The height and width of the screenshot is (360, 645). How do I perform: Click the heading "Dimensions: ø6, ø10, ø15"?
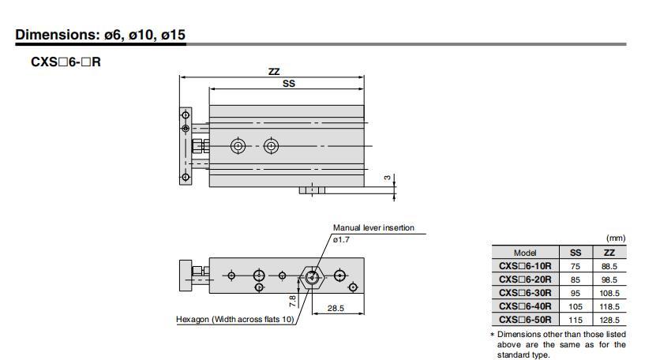click(100, 35)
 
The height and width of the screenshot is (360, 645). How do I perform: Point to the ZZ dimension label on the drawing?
click(274, 71)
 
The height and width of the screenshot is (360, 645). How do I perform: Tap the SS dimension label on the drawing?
click(288, 84)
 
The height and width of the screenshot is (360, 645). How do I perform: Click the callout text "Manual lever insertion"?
click(373, 228)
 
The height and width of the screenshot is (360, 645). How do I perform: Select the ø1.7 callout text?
click(341, 239)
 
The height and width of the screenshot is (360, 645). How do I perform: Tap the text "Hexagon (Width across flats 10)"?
click(234, 320)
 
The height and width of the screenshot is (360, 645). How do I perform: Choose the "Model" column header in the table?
click(525, 253)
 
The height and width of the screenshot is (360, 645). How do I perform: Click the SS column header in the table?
click(576, 253)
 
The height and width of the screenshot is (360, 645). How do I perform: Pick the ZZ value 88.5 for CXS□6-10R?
click(609, 266)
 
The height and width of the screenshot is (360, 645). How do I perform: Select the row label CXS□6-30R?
click(525, 292)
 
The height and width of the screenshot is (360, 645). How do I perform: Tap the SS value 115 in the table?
click(576, 319)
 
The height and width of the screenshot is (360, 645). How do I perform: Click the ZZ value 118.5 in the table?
click(609, 306)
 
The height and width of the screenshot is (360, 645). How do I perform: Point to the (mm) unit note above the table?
click(616, 238)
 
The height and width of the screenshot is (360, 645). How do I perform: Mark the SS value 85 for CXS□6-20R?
click(576, 279)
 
